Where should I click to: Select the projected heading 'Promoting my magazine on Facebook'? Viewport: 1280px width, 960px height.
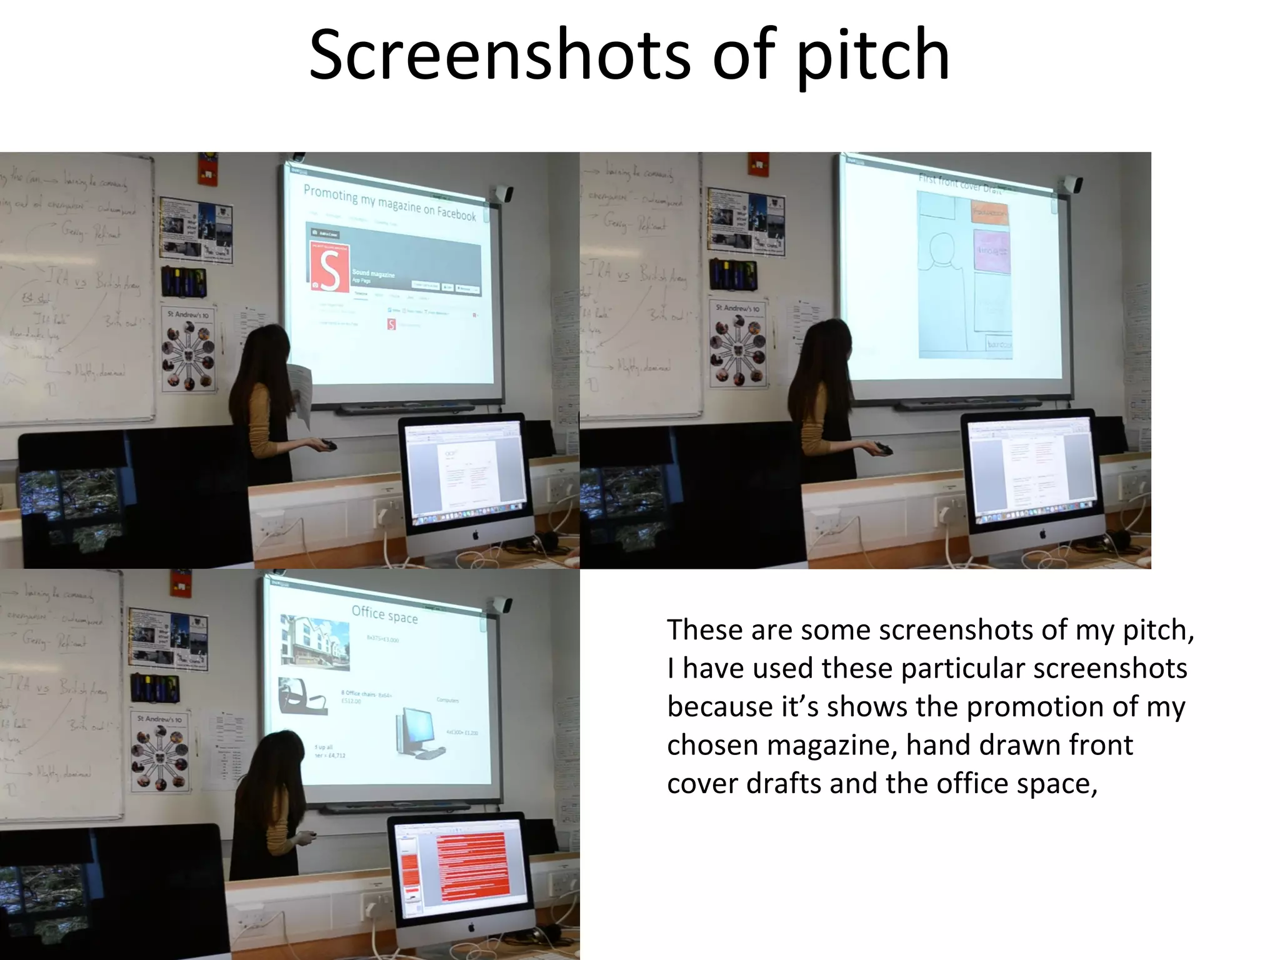click(x=389, y=202)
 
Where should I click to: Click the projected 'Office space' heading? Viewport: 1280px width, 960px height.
click(x=384, y=614)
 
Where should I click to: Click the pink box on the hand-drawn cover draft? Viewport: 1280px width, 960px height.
click(x=991, y=251)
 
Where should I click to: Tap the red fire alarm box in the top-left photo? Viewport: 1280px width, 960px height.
click(x=207, y=169)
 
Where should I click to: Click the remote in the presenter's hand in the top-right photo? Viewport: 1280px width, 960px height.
click(x=882, y=447)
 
